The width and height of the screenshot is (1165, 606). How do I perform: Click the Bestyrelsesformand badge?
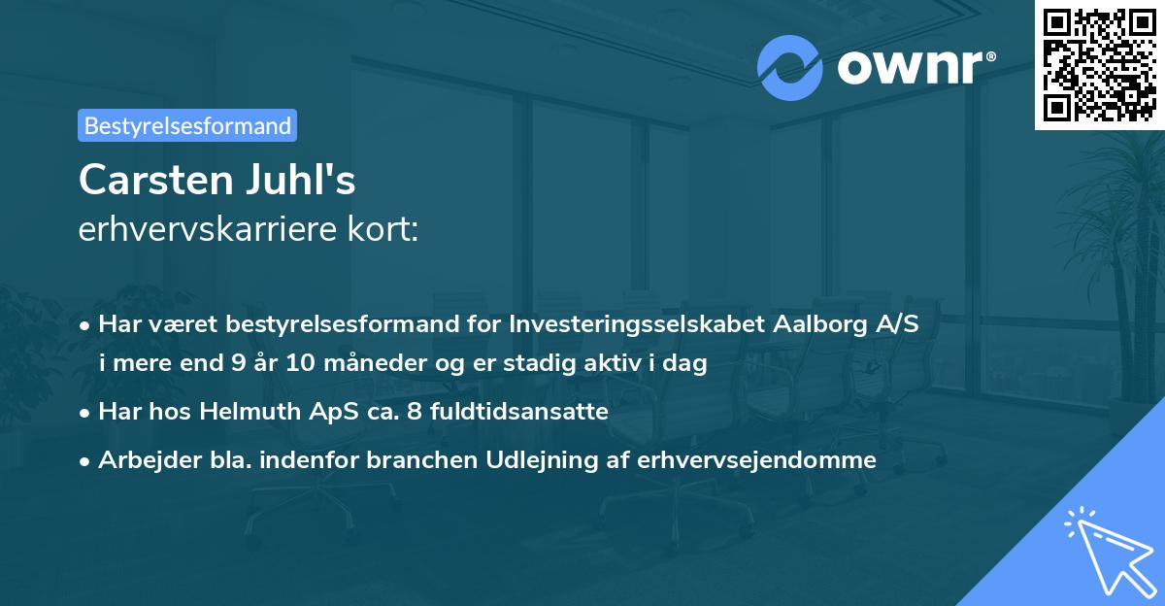(187, 125)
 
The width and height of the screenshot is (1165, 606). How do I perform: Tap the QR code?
(1098, 64)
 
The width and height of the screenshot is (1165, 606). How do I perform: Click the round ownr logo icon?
(790, 67)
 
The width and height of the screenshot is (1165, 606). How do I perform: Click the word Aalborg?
(816, 324)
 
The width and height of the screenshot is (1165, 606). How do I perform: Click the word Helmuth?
(246, 411)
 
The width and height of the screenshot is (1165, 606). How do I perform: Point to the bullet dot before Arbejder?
(86, 460)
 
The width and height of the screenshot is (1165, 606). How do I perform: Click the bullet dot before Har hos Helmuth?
(86, 412)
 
